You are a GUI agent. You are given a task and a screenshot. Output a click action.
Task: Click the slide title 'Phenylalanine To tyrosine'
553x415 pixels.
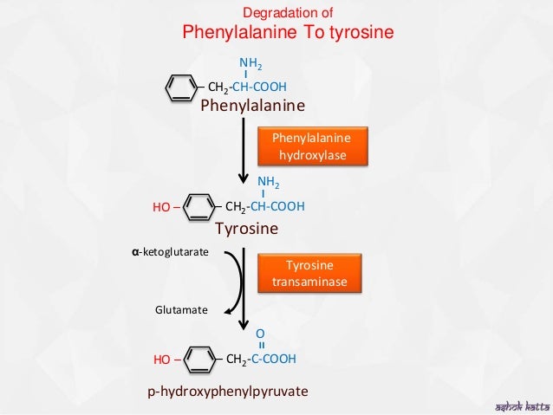288,32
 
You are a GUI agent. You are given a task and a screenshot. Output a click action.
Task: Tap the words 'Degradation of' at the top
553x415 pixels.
287,12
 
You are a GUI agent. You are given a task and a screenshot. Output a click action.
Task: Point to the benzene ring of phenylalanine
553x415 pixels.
181,87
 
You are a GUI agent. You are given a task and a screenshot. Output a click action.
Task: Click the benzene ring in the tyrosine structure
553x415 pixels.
200,208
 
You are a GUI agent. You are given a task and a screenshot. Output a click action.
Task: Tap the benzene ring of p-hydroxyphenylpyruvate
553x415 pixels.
200,359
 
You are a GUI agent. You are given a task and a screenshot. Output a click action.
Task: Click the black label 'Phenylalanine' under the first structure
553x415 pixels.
252,107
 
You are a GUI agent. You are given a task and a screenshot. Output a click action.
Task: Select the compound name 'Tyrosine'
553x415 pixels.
246,229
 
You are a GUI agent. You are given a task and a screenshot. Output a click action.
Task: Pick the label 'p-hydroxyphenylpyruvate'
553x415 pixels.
228,392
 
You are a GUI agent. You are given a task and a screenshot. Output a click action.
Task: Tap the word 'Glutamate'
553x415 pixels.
180,307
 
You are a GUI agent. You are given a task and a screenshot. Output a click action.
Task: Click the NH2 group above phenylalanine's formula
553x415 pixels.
250,63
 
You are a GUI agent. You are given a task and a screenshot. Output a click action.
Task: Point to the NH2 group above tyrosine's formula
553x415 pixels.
269,182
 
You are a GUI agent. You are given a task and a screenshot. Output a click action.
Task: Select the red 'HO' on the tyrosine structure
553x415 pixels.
162,208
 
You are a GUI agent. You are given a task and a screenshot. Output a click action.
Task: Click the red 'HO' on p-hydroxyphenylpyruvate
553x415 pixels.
162,359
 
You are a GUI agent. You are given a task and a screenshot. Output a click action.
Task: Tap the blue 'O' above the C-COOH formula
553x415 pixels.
260,332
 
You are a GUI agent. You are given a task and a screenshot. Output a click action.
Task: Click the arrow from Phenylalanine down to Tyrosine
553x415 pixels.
244,152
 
